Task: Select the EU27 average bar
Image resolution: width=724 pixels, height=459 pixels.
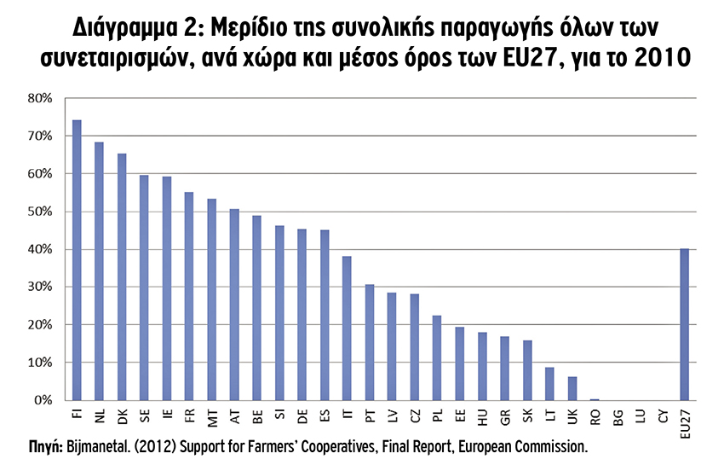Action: coord(684,324)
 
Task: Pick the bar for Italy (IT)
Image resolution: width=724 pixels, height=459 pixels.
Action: coord(347,328)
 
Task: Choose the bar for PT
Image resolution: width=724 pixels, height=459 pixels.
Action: coord(369,342)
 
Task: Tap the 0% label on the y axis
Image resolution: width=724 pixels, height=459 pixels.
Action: coord(43,400)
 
